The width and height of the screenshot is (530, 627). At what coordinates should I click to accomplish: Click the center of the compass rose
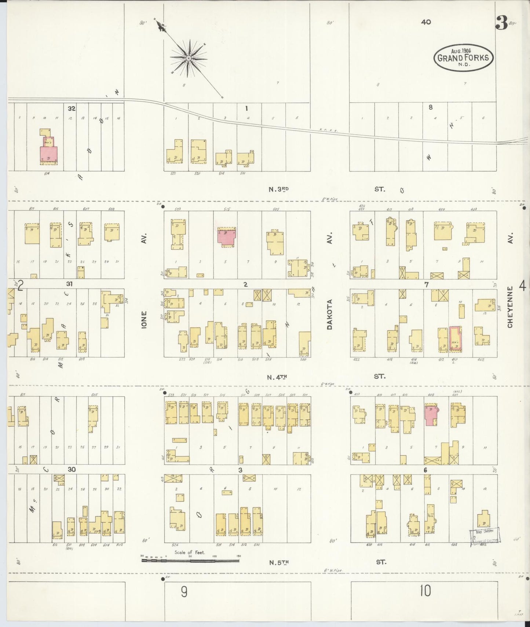[x=189, y=58]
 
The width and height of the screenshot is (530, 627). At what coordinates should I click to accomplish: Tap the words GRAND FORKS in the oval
[x=463, y=58]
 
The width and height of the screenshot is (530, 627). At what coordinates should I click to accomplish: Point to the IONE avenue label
[x=144, y=319]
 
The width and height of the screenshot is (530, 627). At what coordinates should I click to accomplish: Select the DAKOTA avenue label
[x=329, y=314]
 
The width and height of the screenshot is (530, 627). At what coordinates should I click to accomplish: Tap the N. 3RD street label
[x=279, y=189]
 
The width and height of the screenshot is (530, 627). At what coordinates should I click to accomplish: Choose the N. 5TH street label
[x=279, y=562]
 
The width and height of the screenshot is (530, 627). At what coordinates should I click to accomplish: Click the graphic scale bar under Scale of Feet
[x=190, y=560]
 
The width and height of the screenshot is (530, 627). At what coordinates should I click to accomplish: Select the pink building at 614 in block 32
[x=48, y=154]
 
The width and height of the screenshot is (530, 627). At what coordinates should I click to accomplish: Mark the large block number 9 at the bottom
[x=184, y=591]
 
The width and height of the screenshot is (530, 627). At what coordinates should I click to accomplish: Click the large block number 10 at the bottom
[x=425, y=591]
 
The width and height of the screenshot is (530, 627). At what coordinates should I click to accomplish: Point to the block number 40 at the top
[x=426, y=22]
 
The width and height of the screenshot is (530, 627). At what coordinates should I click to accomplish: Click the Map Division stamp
[x=485, y=536]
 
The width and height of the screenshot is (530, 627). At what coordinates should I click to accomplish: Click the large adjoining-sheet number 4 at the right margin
[x=522, y=285]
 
